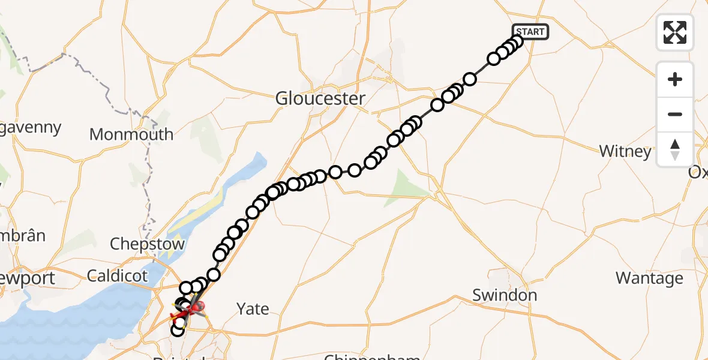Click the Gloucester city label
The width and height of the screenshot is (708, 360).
pos(320,98)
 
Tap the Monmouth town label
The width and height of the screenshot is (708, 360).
pos(131,134)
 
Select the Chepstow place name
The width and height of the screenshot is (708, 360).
pos(147,244)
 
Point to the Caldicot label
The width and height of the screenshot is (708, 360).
pos(117,276)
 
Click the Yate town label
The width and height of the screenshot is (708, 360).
pos(253,309)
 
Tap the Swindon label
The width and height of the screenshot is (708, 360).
pos(504,295)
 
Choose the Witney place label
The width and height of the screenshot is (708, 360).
pos(625,151)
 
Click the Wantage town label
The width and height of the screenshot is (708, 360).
pos(649,278)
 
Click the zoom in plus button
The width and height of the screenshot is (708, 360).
pos(675,80)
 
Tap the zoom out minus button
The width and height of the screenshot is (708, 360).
pos(675,114)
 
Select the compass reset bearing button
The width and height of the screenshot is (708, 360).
pos(675,149)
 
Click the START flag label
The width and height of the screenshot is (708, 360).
pos(530,32)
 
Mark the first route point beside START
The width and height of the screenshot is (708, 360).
pos(517,41)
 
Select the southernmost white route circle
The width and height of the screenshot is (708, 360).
pos(177,330)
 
